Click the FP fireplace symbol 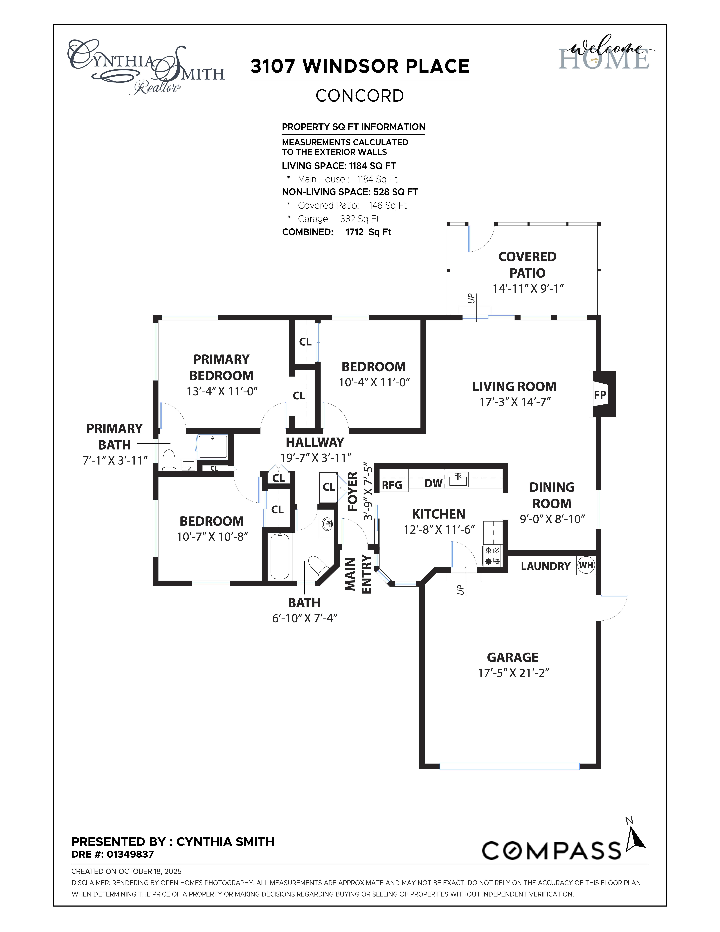coord(600,395)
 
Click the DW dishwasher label coord(433,483)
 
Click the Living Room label coord(514,387)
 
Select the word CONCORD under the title coord(360,96)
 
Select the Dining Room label coord(552,495)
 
